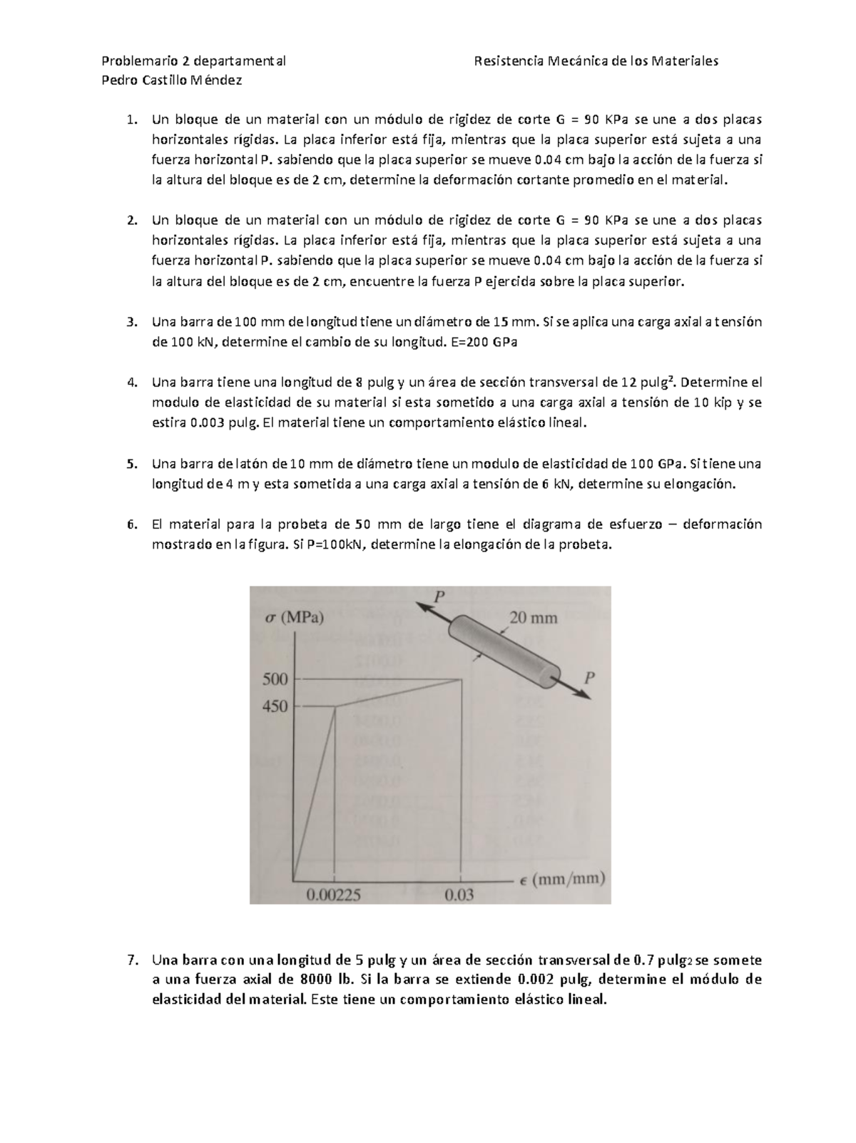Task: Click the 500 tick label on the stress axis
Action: point(275,679)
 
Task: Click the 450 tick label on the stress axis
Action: point(275,706)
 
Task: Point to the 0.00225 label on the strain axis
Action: point(333,894)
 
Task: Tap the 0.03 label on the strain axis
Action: point(459,894)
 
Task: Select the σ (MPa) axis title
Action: point(294,618)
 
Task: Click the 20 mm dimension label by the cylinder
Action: point(533,617)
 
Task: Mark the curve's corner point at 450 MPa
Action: point(335,706)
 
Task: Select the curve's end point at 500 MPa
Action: point(462,679)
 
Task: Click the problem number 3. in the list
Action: point(131,322)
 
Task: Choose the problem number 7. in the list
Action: point(131,960)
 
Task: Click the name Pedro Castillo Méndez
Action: point(172,80)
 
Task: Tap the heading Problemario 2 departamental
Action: point(194,61)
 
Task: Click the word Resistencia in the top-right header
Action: point(507,61)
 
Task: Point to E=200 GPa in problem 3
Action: point(484,342)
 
